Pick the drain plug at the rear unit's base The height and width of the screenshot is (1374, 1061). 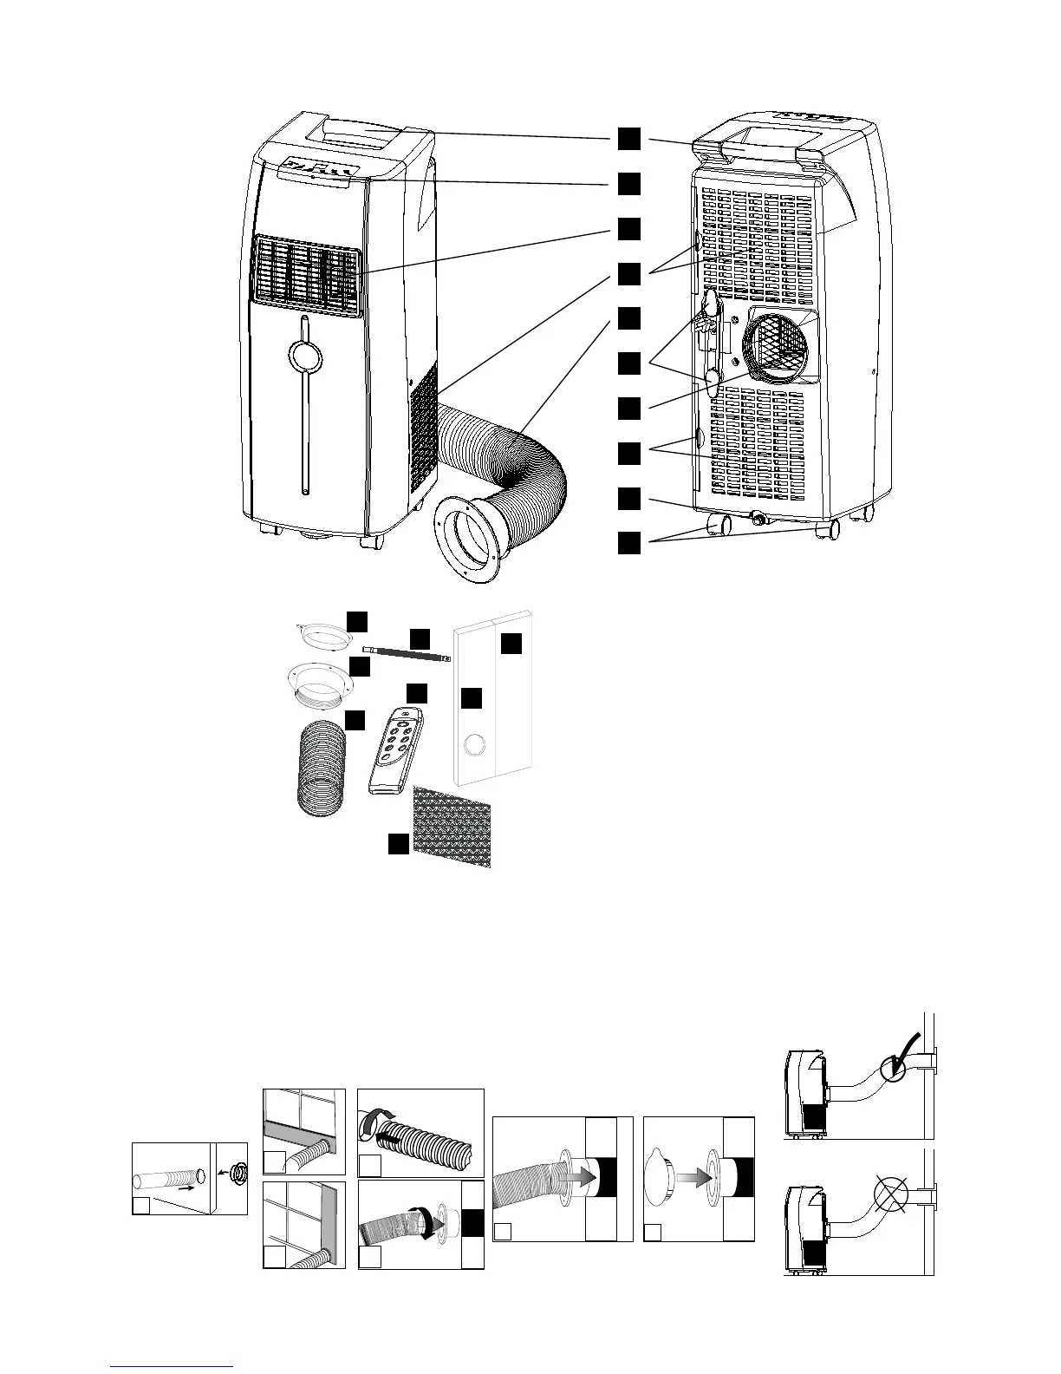point(760,519)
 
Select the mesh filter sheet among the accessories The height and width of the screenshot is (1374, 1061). point(452,827)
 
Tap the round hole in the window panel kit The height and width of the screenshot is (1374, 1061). point(475,744)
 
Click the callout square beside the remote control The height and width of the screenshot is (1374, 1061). point(417,693)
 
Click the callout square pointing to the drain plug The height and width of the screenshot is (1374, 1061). point(630,498)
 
